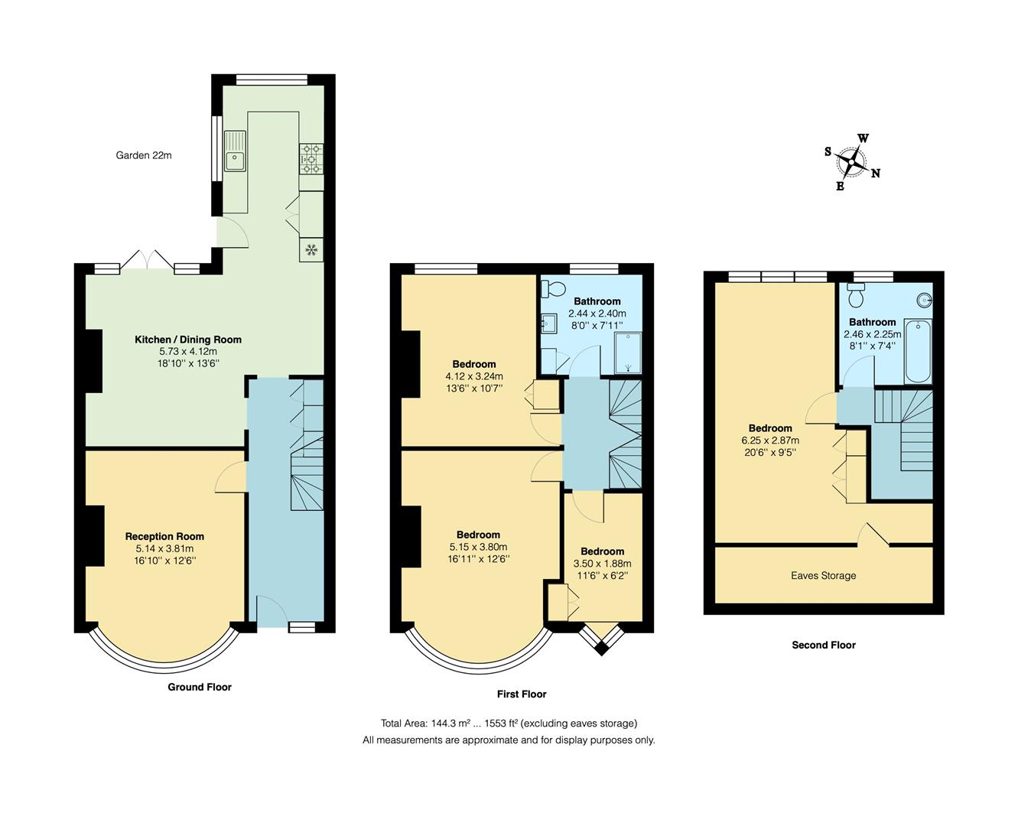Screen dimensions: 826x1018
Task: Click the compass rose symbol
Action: click(851, 161)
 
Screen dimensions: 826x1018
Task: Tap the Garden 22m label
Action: click(144, 155)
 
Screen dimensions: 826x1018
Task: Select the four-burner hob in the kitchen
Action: click(311, 159)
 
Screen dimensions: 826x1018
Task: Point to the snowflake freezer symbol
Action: click(311, 249)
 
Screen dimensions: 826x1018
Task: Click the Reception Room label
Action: click(164, 536)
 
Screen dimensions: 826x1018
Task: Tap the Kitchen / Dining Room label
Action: click(188, 340)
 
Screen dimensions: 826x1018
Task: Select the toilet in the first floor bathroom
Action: click(552, 289)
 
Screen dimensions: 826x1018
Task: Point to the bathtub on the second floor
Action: click(917, 352)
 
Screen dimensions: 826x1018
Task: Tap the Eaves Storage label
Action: click(823, 576)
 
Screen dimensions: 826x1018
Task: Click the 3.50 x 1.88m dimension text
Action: click(602, 564)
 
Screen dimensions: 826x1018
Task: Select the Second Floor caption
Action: click(823, 645)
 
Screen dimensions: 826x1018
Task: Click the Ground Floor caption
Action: click(200, 687)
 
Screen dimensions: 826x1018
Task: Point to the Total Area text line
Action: click(509, 724)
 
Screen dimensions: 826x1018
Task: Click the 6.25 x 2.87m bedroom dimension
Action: click(770, 441)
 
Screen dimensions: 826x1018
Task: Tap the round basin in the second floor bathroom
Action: click(924, 300)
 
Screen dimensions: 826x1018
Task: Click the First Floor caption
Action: click(522, 694)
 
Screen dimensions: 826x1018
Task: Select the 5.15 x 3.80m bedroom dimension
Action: click(478, 547)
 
